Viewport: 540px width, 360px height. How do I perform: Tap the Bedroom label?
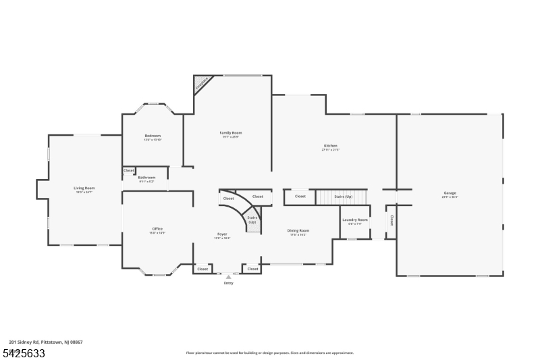pyautogui.click(x=153, y=136)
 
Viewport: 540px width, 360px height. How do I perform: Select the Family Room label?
pyautogui.click(x=230, y=133)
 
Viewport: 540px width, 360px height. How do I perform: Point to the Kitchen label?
pyautogui.click(x=330, y=146)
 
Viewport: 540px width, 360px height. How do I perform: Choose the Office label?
pyautogui.click(x=157, y=229)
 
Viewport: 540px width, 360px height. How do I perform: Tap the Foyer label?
pyautogui.click(x=222, y=234)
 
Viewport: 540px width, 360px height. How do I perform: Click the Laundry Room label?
pyautogui.click(x=354, y=220)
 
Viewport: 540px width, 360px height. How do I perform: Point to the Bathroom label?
pyautogui.click(x=146, y=178)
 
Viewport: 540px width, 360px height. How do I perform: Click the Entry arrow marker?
pyautogui.click(x=228, y=276)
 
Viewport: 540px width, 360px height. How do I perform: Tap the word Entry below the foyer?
pyautogui.click(x=228, y=283)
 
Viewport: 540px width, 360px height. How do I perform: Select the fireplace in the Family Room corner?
pyautogui.click(x=202, y=84)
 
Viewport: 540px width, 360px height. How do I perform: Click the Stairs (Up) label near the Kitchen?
pyautogui.click(x=343, y=197)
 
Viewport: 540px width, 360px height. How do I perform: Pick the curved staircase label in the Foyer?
pyautogui.click(x=252, y=219)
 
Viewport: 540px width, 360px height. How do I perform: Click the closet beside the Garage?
pyautogui.click(x=391, y=220)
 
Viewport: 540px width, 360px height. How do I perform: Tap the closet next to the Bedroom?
pyautogui.click(x=128, y=170)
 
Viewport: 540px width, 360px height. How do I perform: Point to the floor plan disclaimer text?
pyautogui.click(x=270, y=353)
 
